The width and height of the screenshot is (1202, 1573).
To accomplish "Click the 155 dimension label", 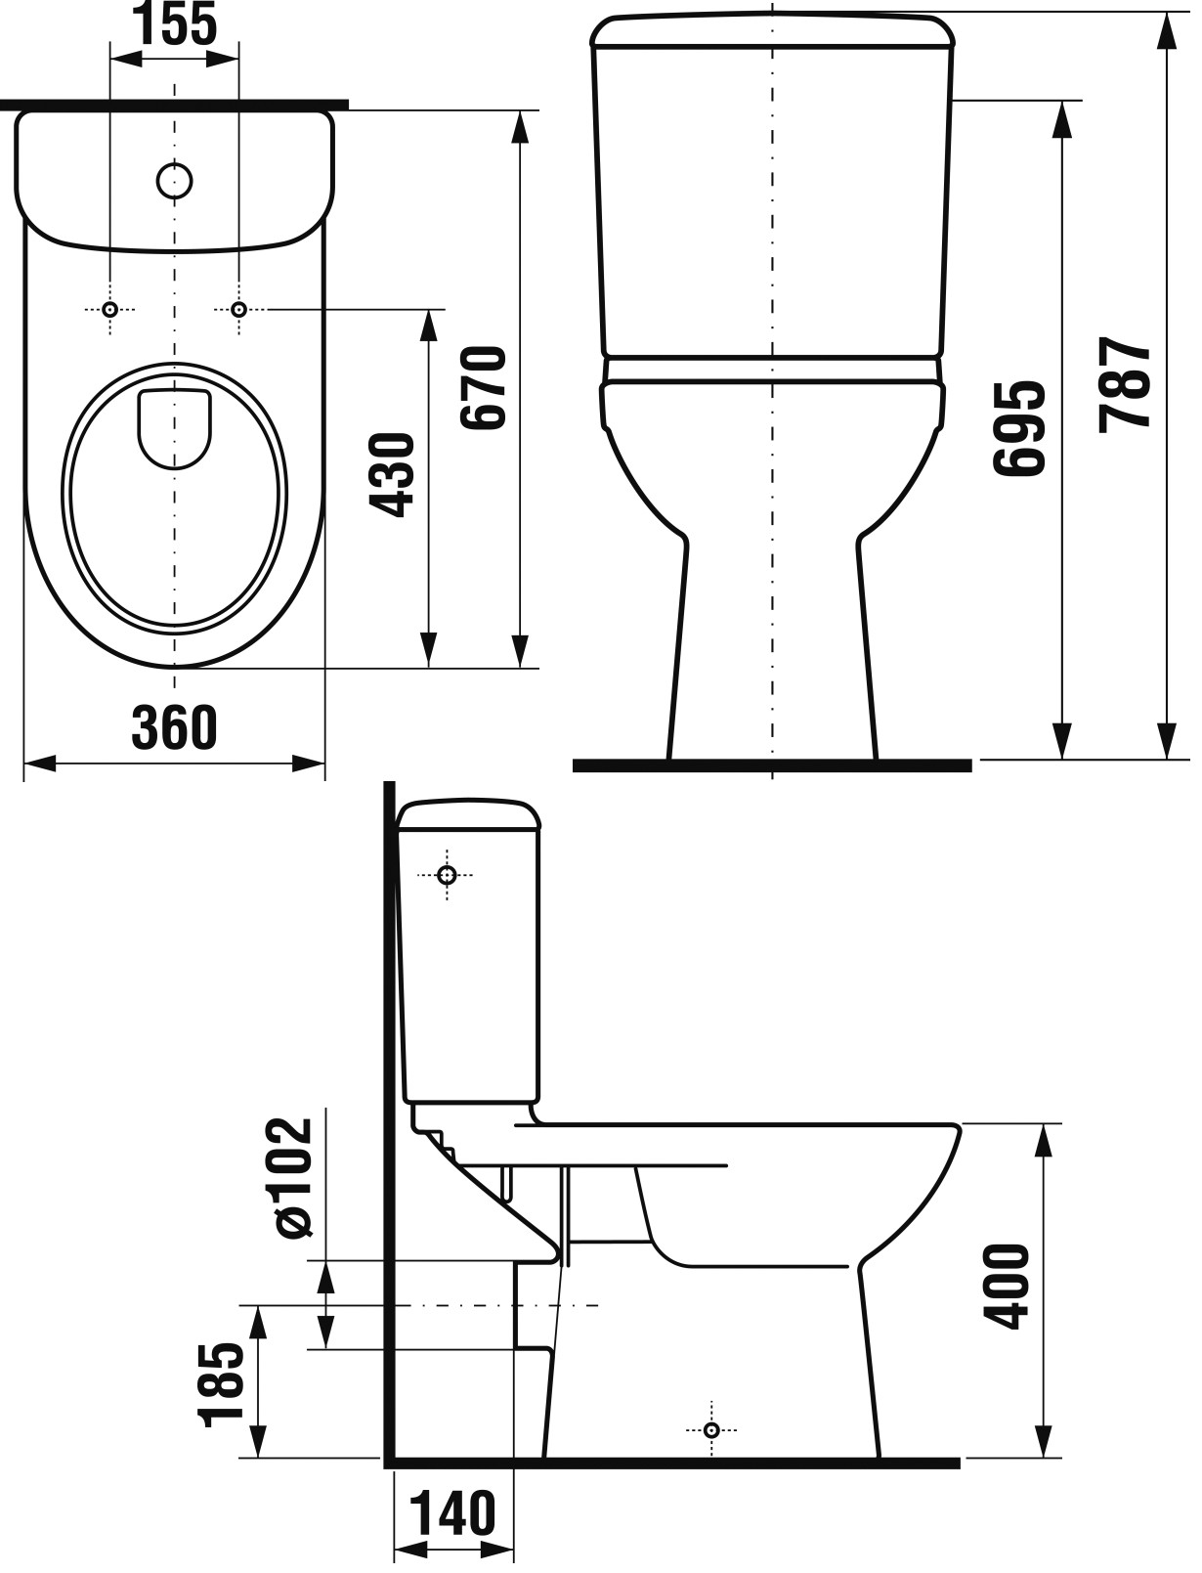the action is [x=177, y=22].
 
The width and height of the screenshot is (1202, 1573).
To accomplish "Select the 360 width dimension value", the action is [x=174, y=728].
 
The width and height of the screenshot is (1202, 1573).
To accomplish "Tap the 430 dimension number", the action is [x=394, y=475].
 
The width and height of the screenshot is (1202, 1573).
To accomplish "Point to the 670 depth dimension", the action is [x=484, y=388].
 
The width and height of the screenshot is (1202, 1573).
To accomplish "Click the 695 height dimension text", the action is [x=1019, y=428].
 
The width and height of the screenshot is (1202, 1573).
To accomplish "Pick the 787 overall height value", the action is [x=1125, y=385].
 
